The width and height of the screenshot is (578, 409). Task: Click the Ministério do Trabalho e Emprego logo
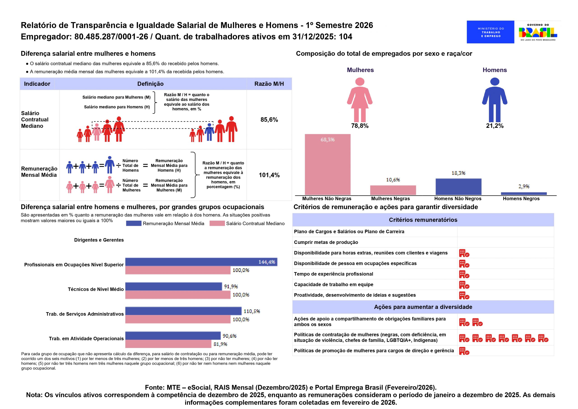coord(490,32)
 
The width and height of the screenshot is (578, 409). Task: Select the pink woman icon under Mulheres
coord(360,100)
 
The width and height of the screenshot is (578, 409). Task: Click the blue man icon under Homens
coord(495,100)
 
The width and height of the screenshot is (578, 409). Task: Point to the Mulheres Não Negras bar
coord(328,164)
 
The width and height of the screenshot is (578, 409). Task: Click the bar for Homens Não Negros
coord(458,187)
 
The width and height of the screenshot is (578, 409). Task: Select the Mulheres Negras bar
coord(393,190)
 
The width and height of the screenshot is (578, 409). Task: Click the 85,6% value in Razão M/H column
coord(269,120)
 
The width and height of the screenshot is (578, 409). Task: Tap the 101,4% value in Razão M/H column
coord(269,175)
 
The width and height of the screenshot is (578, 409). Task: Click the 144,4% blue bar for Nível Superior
coord(201,262)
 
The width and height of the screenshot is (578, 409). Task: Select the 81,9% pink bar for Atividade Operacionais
coord(168,344)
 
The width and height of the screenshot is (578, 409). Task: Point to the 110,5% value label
coord(252,311)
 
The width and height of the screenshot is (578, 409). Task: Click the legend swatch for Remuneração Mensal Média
coord(134,223)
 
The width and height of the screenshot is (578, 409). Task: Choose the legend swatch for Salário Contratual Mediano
coord(217,223)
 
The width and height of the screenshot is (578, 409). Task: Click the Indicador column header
coord(37,84)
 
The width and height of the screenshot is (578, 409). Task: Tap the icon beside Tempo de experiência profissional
coord(464,274)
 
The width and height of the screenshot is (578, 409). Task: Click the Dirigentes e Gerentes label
coord(99,240)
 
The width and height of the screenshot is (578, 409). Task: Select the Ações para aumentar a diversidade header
coord(423,307)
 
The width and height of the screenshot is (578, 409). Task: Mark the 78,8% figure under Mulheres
coord(360,126)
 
